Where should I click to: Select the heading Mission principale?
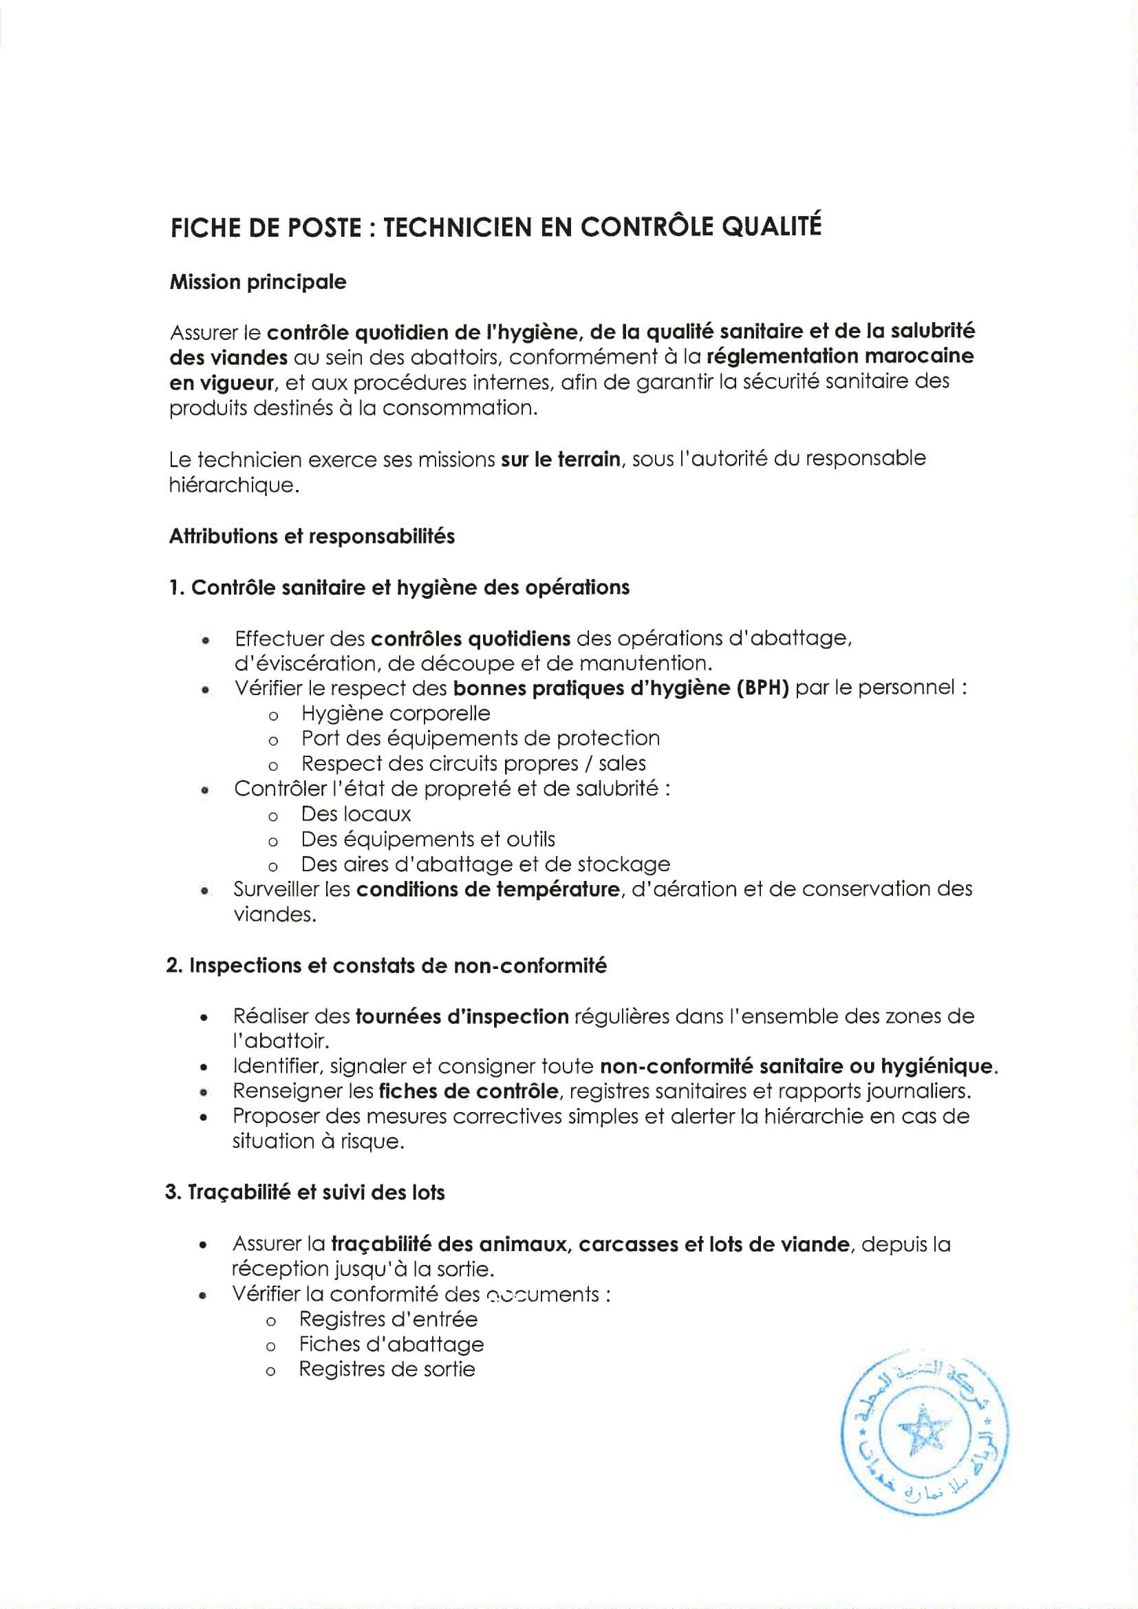[x=258, y=282]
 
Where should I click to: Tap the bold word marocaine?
[x=919, y=356]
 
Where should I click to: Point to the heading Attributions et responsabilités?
[x=312, y=537]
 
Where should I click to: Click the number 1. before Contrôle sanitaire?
[x=177, y=587]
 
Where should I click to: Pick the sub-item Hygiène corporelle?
[x=395, y=714]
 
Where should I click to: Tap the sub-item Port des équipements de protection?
[x=480, y=738]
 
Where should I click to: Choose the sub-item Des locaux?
[x=355, y=814]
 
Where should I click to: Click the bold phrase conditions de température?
[x=488, y=889]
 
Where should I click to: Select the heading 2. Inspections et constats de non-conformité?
[x=387, y=966]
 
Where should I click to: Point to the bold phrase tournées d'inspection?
[x=462, y=1016]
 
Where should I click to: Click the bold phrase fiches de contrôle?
[x=468, y=1091]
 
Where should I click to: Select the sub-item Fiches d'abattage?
[x=391, y=1344]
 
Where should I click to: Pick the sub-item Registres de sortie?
[x=387, y=1370]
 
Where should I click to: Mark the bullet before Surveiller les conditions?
[x=204, y=891]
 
